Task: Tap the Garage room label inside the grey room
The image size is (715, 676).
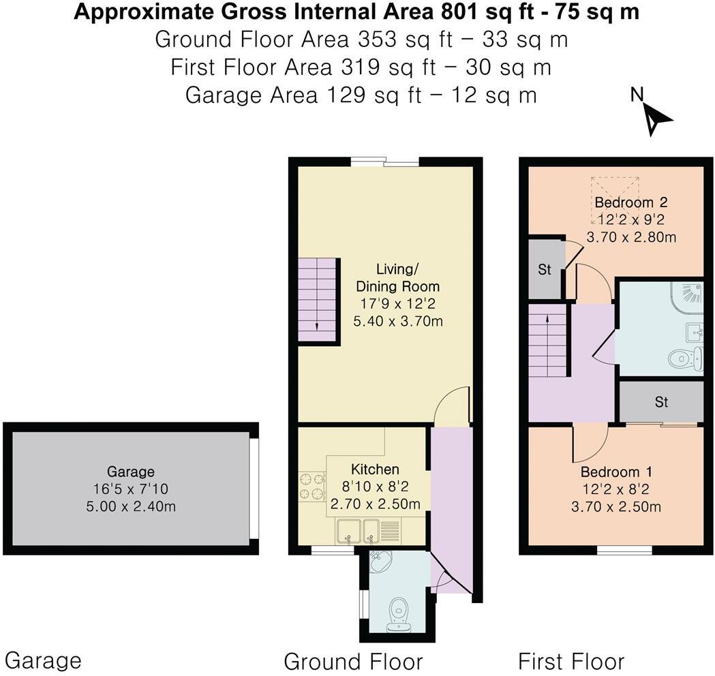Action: coord(130,471)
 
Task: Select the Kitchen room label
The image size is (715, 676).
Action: coord(374,470)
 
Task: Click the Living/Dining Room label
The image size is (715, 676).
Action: coord(398,277)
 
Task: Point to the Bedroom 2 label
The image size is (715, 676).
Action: coord(630,202)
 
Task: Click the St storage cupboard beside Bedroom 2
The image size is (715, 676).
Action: coord(545,269)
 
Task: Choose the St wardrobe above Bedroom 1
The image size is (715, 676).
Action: coord(661,402)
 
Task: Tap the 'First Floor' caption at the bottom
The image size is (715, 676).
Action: coord(571,661)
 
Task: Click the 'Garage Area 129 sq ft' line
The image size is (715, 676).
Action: coord(361,95)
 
